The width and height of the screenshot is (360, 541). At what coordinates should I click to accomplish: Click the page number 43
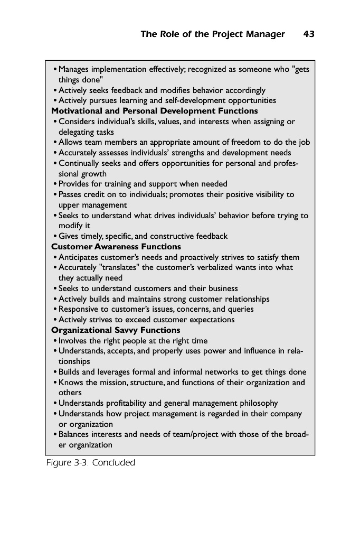[309, 34]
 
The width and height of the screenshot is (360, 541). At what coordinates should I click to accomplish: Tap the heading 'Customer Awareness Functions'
[116, 247]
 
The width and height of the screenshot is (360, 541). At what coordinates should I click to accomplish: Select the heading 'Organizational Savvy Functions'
[116, 330]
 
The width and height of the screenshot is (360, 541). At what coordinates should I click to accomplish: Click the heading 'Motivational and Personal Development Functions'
[154, 111]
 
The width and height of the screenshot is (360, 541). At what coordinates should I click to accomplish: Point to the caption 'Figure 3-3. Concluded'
[90, 463]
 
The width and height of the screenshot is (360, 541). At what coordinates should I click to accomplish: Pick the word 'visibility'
[267, 194]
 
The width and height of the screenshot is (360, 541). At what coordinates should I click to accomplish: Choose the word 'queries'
[240, 309]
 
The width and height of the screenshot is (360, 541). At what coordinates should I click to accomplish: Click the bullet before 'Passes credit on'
[55, 195]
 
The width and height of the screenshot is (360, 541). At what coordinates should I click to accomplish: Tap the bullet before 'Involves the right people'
[55, 341]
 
